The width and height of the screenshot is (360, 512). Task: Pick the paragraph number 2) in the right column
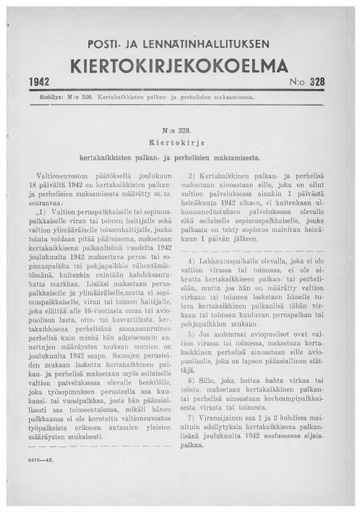point(197,177)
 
